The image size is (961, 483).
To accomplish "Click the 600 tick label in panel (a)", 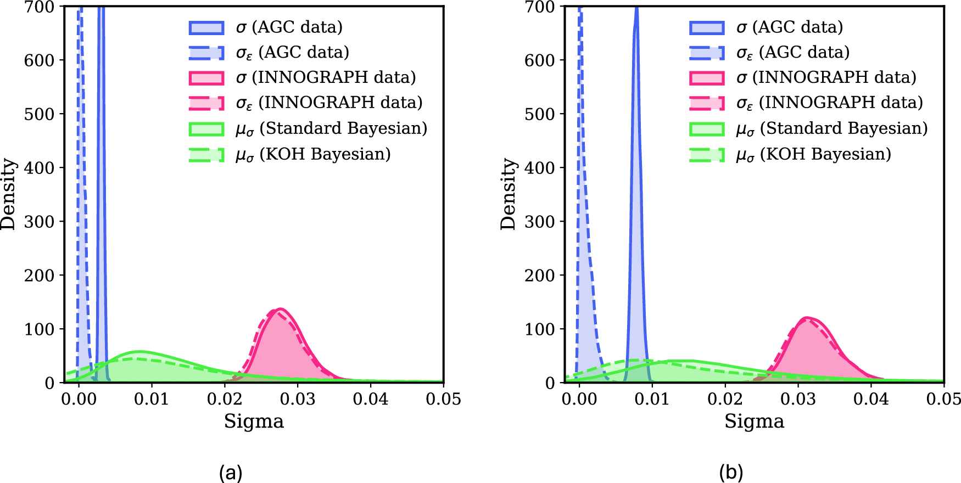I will coord(39,60).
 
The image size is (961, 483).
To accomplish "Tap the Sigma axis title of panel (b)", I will coord(754,422).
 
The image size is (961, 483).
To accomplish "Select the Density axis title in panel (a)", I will coord(9,194).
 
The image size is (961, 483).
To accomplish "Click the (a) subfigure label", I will coord(230,472).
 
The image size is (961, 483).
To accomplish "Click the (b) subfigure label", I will coord(731,472).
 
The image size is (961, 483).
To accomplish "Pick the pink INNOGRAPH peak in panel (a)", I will coord(280,310).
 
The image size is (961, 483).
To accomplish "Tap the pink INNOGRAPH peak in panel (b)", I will coord(806,319).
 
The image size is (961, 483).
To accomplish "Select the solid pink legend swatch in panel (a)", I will coord(206,78).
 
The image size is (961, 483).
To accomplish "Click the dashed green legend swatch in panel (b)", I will coord(707,155).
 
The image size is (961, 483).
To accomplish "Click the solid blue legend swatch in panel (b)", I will coord(707,27).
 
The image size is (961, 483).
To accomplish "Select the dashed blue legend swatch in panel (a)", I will coord(206,53).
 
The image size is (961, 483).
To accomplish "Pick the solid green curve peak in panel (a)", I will coord(139,352).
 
